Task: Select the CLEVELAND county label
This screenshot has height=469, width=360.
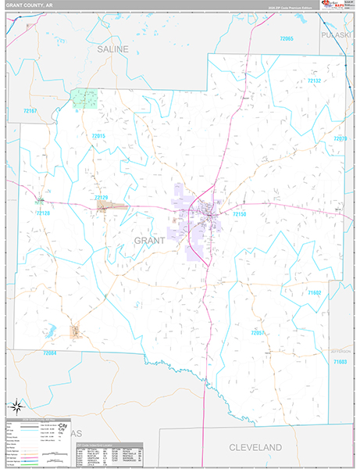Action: [x=255, y=446]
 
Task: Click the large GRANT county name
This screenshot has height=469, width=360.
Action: [x=149, y=240]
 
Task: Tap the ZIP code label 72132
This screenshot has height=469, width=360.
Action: [x=314, y=81]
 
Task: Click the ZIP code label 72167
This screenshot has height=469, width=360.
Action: [x=30, y=111]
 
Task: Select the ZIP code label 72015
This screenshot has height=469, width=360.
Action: [x=98, y=136]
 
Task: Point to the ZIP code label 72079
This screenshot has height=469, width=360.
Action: [x=340, y=138]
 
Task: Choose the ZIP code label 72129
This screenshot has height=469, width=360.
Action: [x=102, y=199]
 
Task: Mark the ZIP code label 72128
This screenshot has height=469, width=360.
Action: [x=41, y=213]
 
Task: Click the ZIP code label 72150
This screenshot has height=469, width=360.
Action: [x=239, y=213]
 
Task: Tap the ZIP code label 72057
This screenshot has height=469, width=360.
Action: [x=258, y=333]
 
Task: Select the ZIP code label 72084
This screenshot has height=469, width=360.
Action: [x=50, y=353]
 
